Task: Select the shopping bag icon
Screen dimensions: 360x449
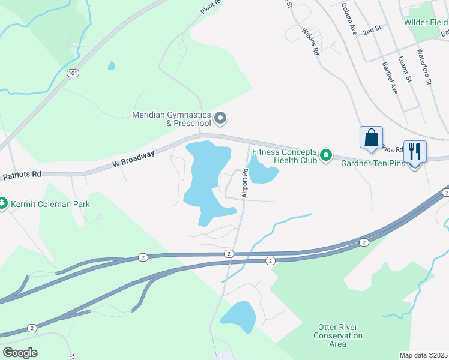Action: coord(372,137)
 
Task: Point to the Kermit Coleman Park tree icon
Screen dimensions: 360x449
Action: coord(4,204)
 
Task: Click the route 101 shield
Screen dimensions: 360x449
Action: coord(73,73)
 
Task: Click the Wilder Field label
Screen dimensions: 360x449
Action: coord(426,22)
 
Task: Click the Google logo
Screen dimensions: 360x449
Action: coord(20,353)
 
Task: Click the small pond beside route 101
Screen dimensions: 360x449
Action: coord(112,65)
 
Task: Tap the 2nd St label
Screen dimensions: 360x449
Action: coord(372,29)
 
